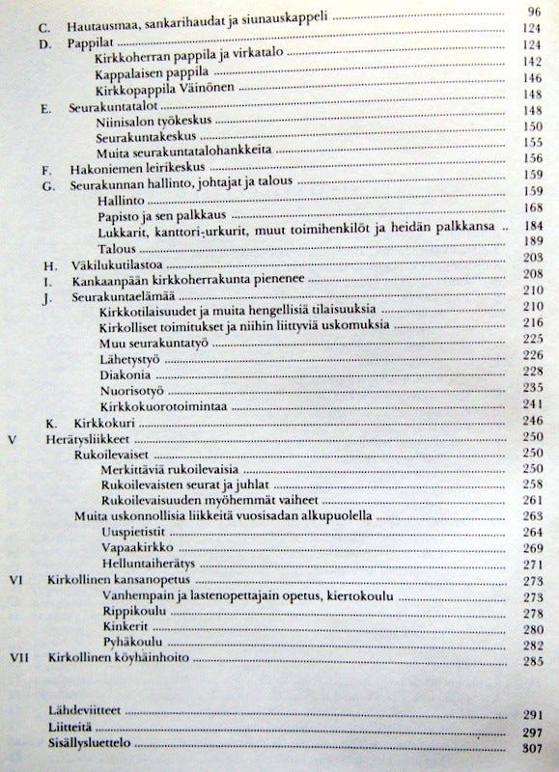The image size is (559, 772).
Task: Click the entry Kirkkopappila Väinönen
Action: pyautogui.click(x=160, y=94)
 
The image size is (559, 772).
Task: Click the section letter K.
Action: pyautogui.click(x=50, y=423)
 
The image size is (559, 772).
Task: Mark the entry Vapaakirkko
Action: pyautogui.click(x=131, y=548)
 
